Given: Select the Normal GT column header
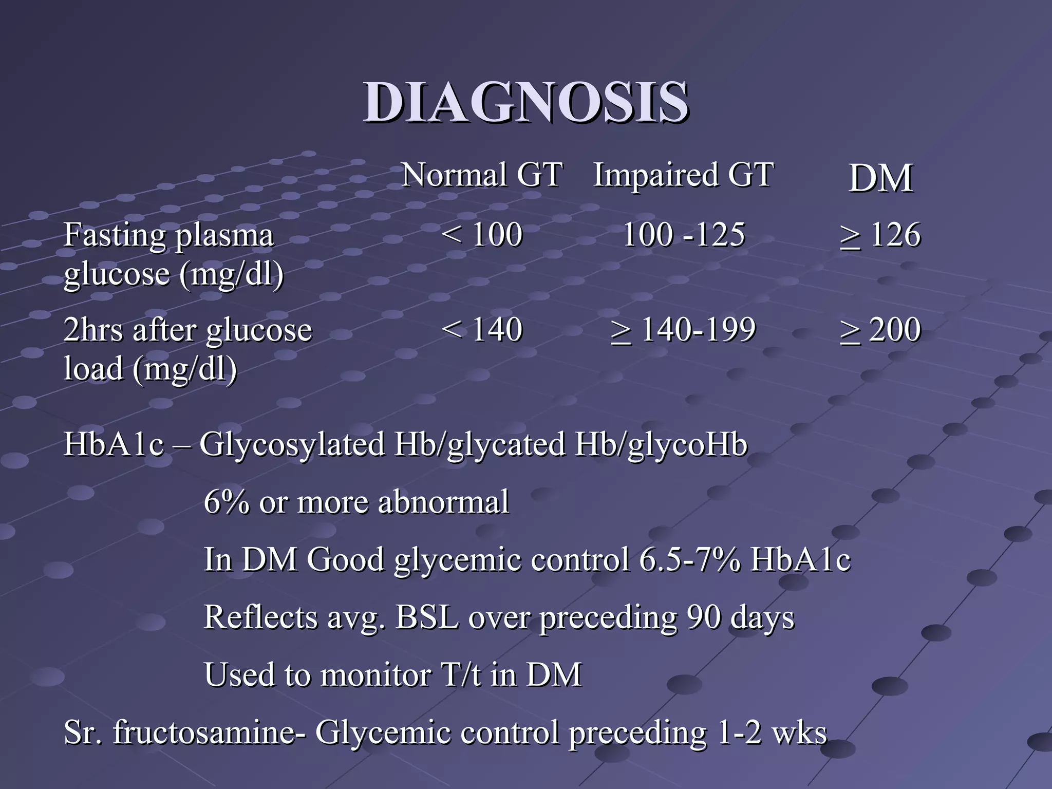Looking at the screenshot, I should coord(482,175).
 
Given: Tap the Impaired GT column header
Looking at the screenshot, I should coord(683,175).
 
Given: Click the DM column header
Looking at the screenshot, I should coord(880,179).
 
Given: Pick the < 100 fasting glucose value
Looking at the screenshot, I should coord(482,235).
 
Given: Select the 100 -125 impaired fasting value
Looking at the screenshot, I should coord(683,235).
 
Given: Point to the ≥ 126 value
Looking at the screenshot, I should coord(880,235).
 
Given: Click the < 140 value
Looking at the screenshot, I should coord(482,329).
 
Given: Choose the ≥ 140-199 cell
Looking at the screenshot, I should coord(683,329).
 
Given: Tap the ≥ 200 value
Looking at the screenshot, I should coord(880,329).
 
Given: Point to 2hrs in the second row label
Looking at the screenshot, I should coord(93,329).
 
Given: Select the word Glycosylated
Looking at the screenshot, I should coord(292,444).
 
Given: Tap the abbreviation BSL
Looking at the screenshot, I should coord(427,617).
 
